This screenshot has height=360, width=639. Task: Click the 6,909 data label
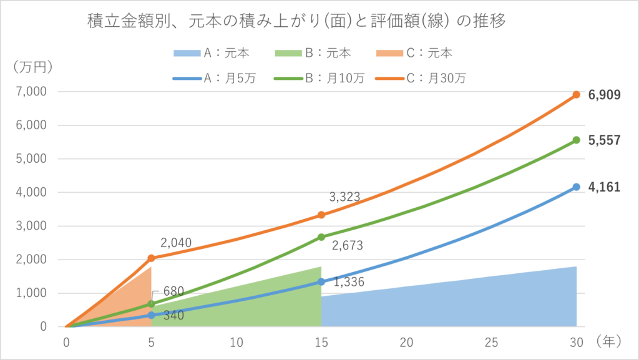point(604,95)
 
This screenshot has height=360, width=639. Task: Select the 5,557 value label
point(604,140)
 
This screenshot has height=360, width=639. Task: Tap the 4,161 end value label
point(604,187)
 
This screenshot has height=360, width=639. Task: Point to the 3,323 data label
point(345,197)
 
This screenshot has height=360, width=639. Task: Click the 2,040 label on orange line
point(175,243)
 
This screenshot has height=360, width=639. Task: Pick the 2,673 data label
point(348,245)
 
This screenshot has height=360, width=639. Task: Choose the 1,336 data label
point(349,283)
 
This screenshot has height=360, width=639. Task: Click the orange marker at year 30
point(577,95)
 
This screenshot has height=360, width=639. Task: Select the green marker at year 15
point(321,237)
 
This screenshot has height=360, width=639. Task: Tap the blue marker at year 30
point(577,187)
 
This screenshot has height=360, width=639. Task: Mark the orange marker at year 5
point(151,258)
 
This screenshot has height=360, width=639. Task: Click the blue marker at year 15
point(321,282)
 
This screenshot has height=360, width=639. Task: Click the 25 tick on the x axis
point(492,342)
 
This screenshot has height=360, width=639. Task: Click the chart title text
point(296,21)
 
